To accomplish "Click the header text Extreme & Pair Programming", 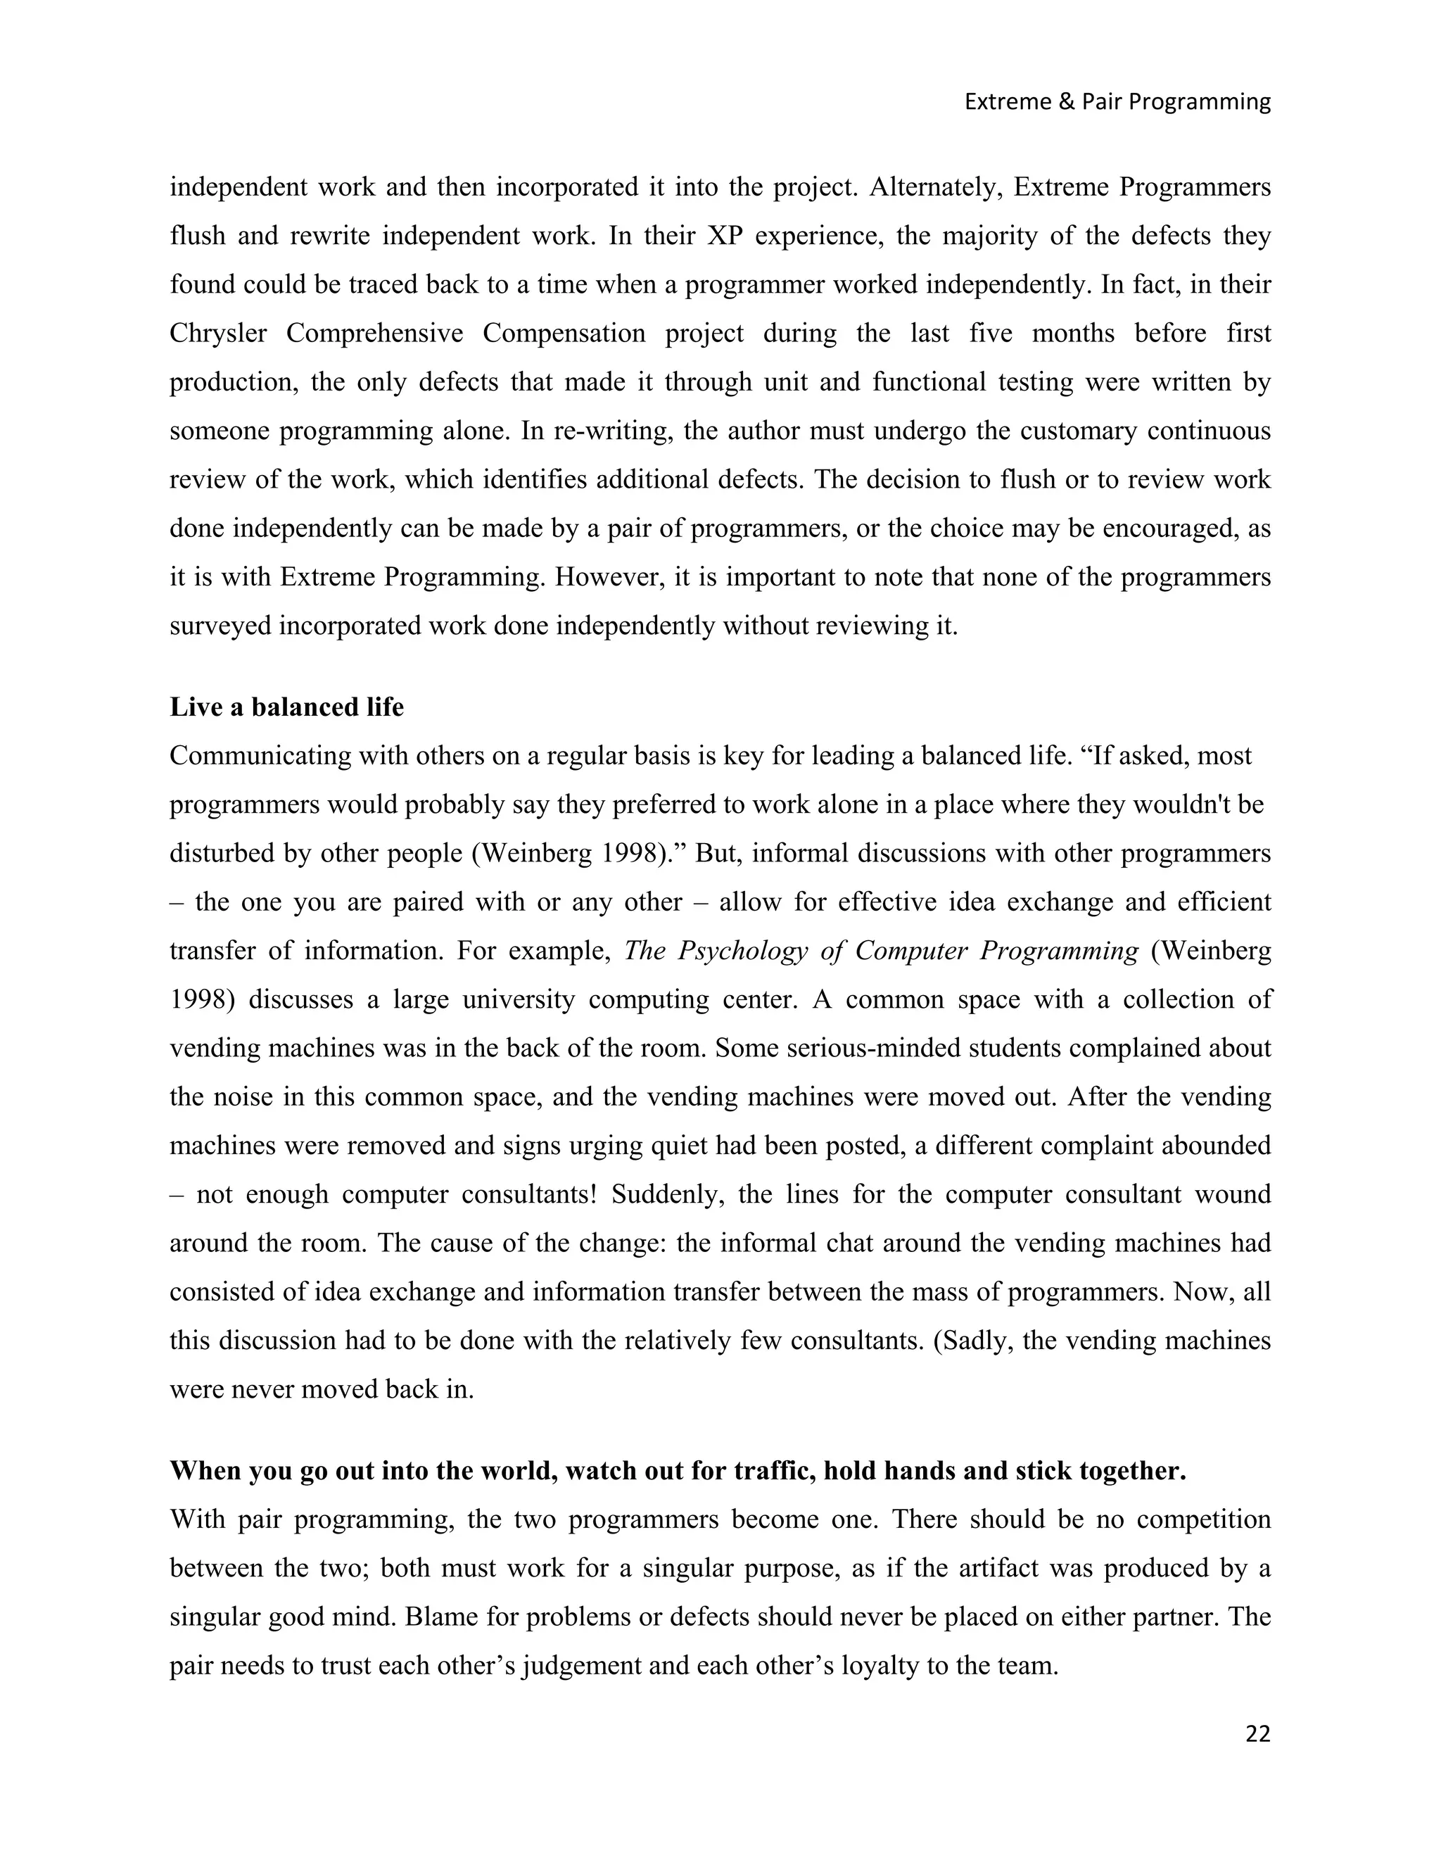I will pyautogui.click(x=1117, y=101).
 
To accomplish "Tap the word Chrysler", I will pyautogui.click(x=217, y=333).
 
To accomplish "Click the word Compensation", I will pyautogui.click(x=564, y=333).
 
